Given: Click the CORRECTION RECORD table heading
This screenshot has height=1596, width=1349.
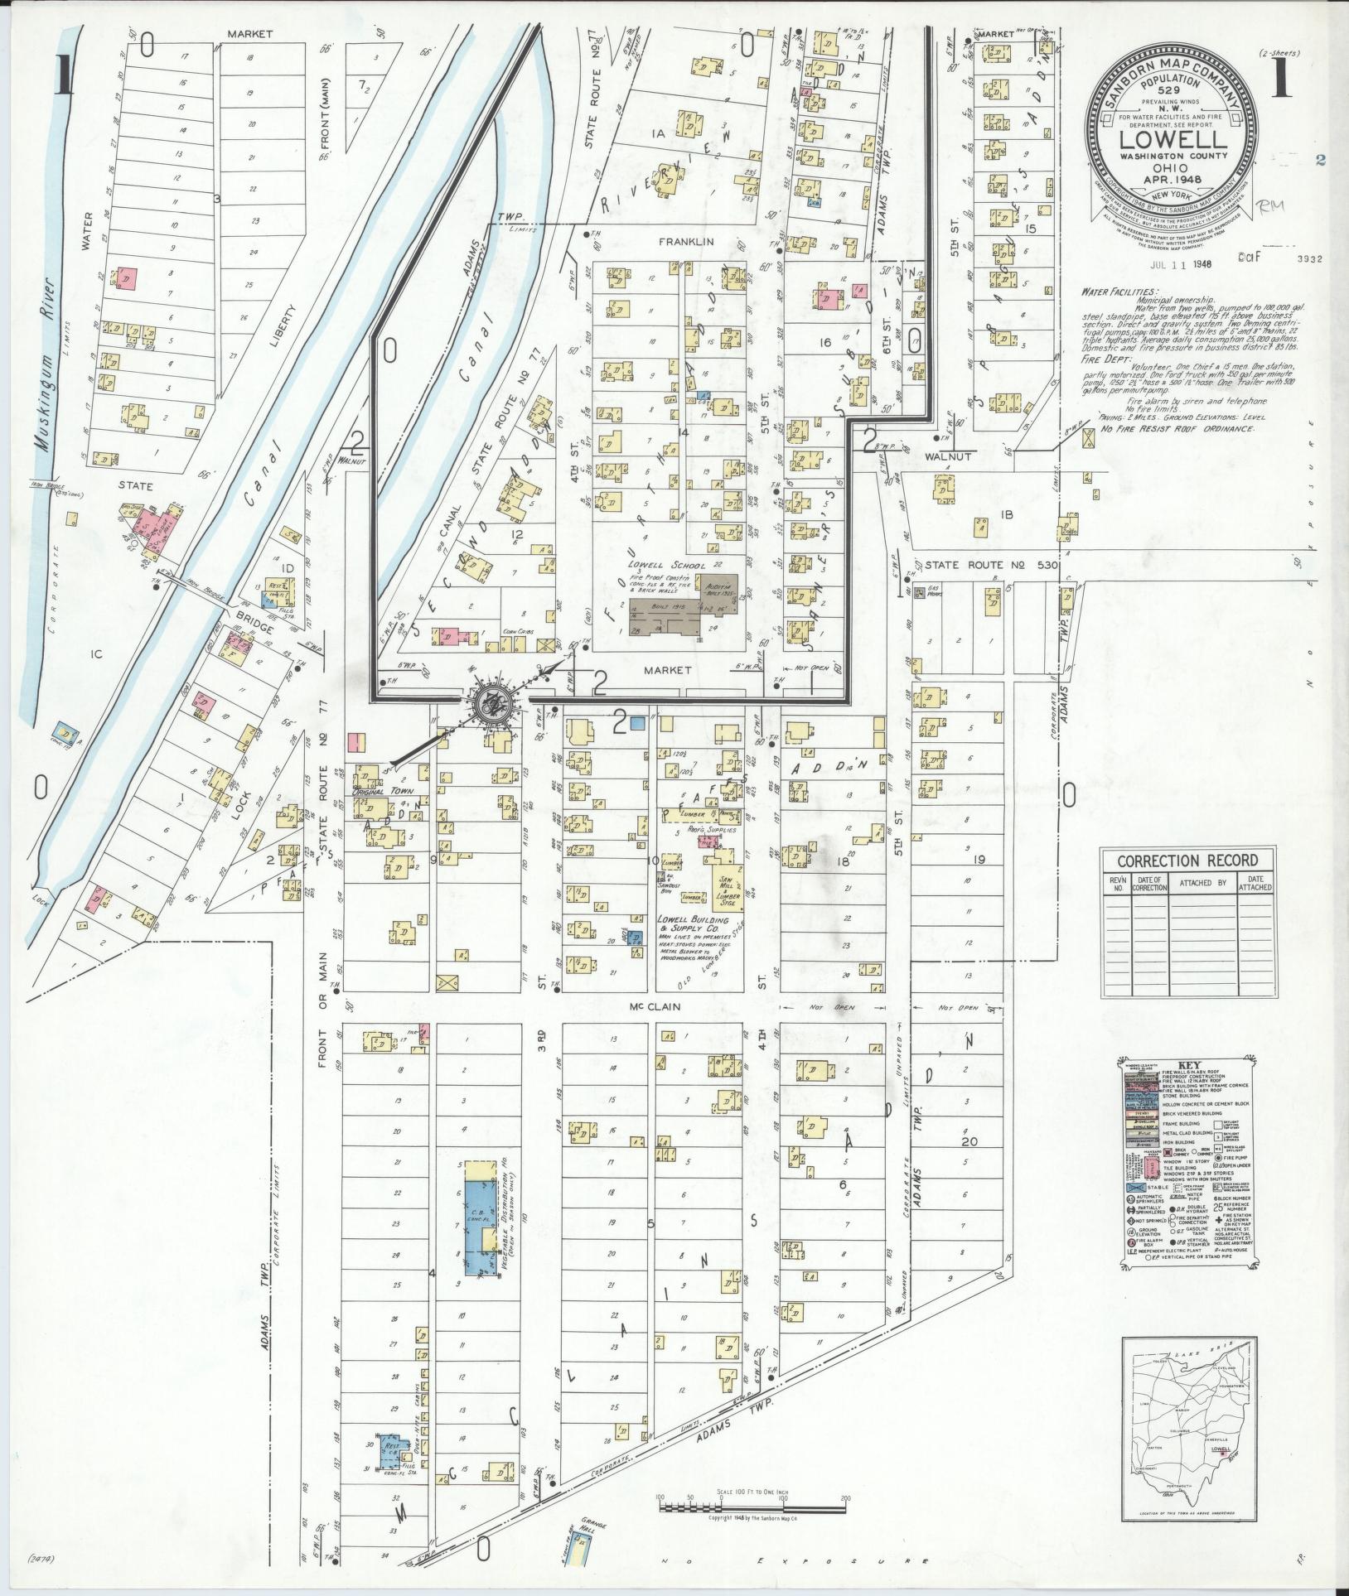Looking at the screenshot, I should click(1187, 861).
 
